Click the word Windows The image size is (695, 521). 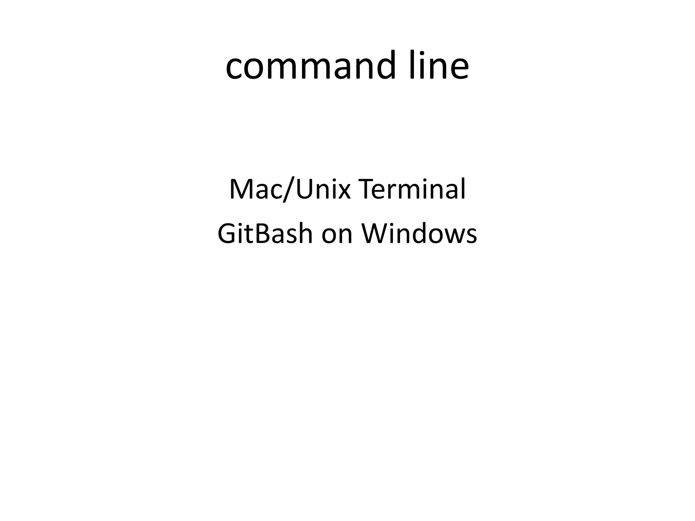coord(419,234)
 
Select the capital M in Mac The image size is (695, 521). coord(241,189)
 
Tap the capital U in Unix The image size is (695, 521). coord(305,189)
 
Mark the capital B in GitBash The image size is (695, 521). coord(261,234)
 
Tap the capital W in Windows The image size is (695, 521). coord(374,234)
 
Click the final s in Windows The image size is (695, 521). coord(471,236)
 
